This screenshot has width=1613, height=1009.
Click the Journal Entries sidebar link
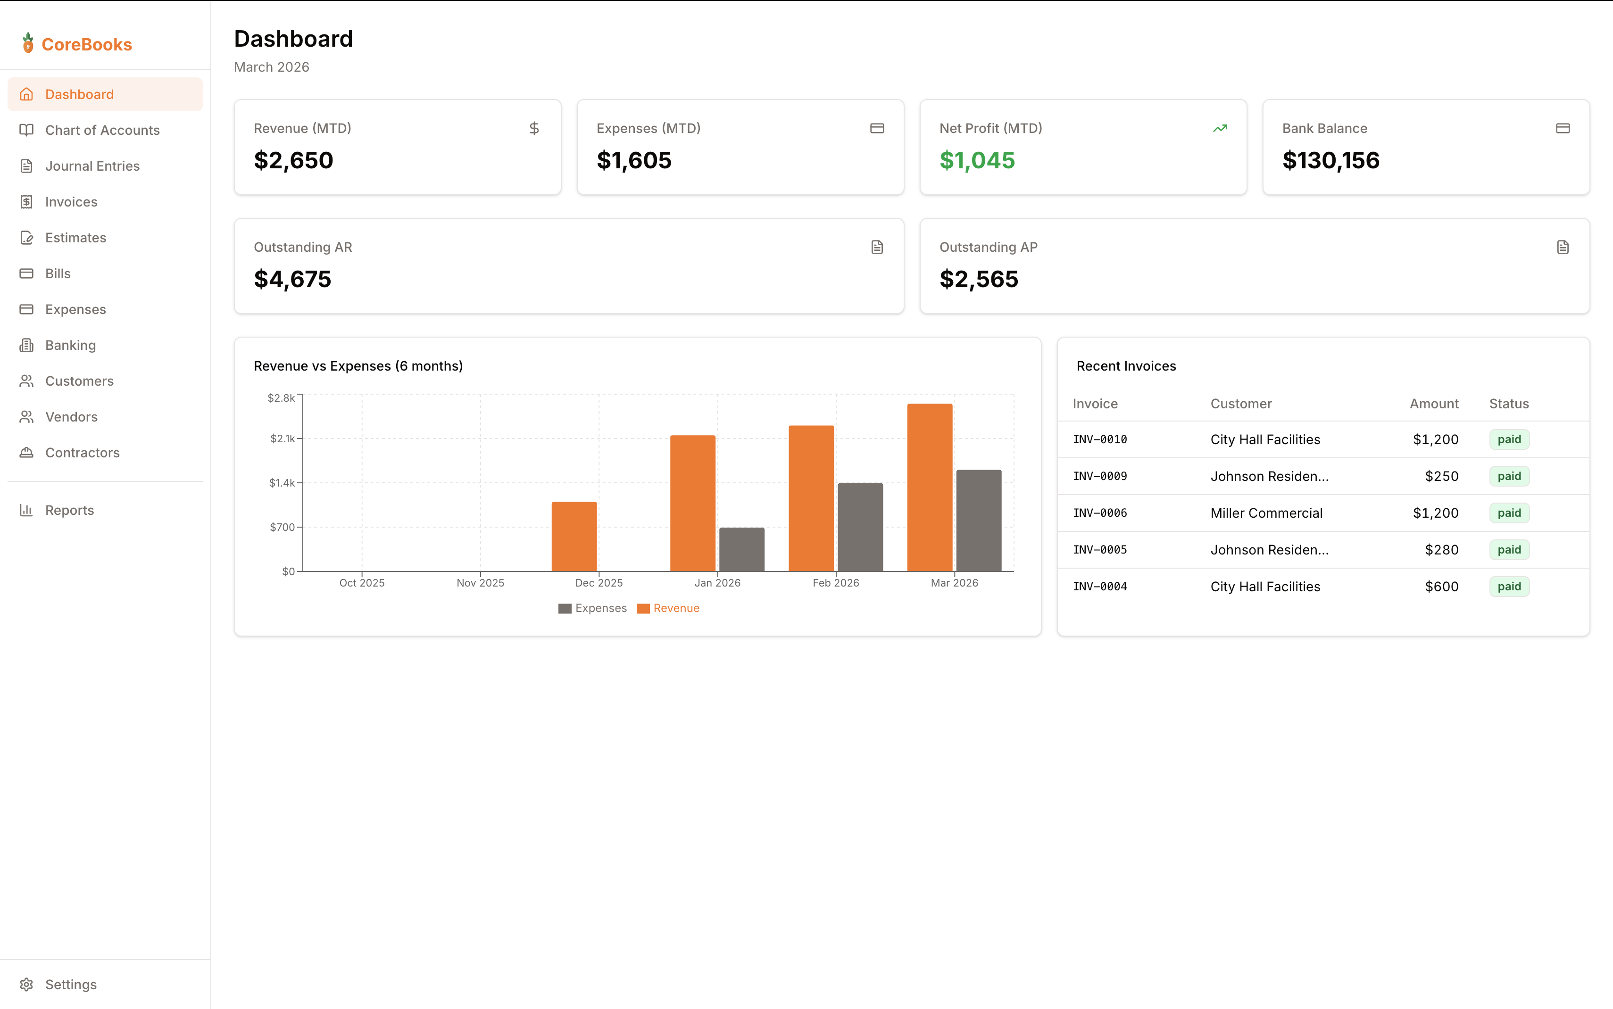(92, 166)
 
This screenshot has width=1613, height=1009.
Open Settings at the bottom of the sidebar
(70, 984)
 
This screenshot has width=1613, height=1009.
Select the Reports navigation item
(69, 511)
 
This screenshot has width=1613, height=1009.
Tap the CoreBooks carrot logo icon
(28, 43)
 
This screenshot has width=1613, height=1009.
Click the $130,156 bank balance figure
(1330, 160)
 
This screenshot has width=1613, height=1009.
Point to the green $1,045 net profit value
(977, 160)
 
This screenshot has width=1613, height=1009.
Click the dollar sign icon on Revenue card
(534, 128)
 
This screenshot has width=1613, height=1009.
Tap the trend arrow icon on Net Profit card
(1220, 128)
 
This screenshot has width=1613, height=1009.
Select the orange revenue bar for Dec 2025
(574, 537)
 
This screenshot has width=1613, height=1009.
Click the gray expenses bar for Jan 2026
(741, 549)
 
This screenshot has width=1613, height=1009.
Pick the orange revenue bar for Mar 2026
(930, 487)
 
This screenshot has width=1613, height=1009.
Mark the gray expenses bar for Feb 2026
(860, 527)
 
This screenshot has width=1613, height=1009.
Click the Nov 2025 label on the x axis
(481, 583)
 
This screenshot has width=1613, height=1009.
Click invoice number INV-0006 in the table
(1100, 513)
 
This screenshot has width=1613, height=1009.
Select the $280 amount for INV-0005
(1441, 550)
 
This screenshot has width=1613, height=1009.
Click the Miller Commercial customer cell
(1266, 513)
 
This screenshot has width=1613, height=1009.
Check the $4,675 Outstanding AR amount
(292, 279)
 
